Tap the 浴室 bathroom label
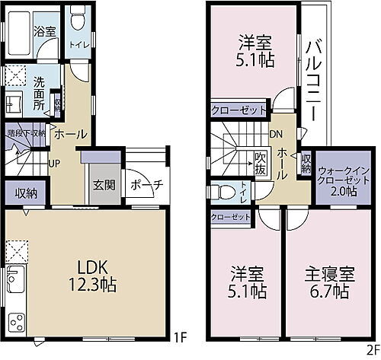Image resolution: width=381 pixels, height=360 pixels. tap(44, 31)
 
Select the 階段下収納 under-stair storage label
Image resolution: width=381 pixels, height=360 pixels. tap(27, 132)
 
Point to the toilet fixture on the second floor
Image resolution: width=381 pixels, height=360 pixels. tap(223, 190)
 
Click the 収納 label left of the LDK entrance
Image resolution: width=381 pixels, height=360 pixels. tap(25, 193)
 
